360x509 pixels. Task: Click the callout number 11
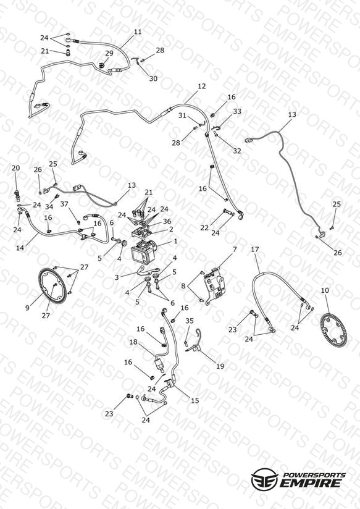(138, 32)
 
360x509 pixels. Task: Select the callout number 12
(201, 86)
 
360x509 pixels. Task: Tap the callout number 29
(109, 53)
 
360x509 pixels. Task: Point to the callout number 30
(153, 78)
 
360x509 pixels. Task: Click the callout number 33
(237, 111)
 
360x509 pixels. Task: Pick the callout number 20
(15, 168)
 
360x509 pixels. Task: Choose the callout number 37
(64, 204)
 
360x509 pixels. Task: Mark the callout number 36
(167, 221)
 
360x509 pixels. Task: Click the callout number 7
(235, 250)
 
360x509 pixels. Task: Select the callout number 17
(255, 250)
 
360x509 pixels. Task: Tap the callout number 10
(325, 290)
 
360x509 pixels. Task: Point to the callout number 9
(27, 308)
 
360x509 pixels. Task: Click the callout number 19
(220, 366)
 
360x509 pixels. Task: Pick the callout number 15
(195, 401)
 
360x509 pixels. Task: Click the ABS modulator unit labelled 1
(143, 253)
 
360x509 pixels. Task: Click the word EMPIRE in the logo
(311, 483)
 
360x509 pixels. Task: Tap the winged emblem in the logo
(264, 479)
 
